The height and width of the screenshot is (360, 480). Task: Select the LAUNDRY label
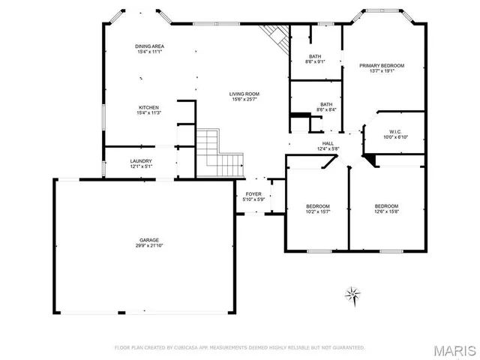click(141, 160)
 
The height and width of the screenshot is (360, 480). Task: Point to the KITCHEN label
click(149, 107)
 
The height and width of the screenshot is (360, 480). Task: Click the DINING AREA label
click(150, 46)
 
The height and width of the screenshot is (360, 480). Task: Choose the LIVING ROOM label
click(245, 94)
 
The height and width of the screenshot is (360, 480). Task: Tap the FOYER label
click(253, 194)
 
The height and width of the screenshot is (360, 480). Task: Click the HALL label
click(328, 143)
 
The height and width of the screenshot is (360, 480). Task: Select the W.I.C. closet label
click(396, 131)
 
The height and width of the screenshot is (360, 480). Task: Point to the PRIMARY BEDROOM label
click(381, 66)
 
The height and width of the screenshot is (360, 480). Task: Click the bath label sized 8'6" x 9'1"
click(315, 56)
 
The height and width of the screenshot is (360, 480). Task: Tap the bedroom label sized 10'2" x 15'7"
click(318, 206)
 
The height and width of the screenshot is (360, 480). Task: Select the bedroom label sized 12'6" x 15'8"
click(386, 206)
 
